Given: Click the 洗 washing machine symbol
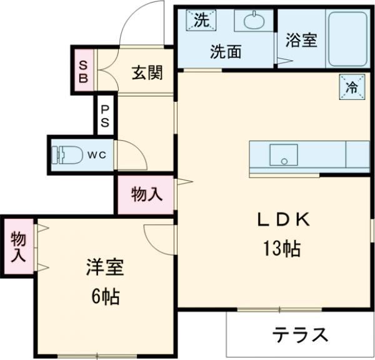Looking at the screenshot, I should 200,20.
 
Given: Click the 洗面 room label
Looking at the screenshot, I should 225,52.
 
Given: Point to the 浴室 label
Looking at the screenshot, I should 301,41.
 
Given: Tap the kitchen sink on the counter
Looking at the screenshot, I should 284,154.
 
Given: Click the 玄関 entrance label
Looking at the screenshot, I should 147,73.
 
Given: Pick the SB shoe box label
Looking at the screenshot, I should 84,69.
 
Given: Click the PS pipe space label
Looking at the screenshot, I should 105,116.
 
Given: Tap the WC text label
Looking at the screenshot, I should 96,153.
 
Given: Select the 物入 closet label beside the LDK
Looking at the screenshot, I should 147,195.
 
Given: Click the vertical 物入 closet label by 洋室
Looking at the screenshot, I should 18,246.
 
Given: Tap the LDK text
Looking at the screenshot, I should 280,220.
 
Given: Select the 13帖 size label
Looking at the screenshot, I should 280,248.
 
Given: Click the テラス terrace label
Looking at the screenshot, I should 300,335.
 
